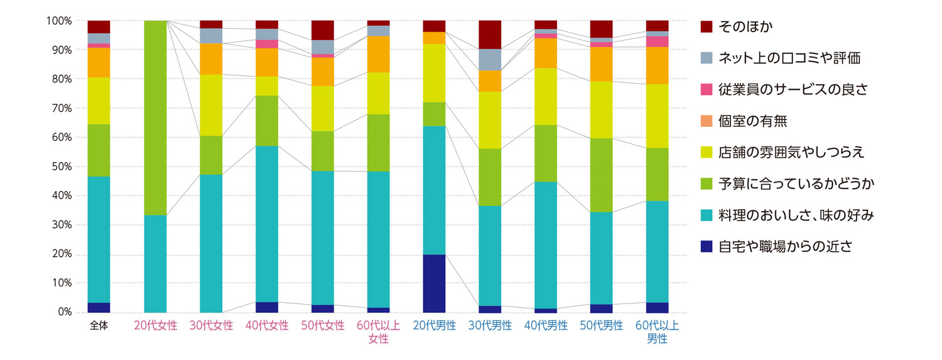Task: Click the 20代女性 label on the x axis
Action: click(x=155, y=325)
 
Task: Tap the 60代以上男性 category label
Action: click(x=657, y=332)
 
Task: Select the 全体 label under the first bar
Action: click(x=99, y=325)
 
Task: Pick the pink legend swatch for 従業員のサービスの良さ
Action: click(x=706, y=89)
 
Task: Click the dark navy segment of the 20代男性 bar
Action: click(x=434, y=283)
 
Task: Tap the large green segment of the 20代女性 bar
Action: click(x=155, y=117)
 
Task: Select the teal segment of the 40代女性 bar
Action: click(x=267, y=224)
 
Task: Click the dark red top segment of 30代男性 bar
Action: click(x=490, y=35)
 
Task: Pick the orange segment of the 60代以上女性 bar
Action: click(x=378, y=54)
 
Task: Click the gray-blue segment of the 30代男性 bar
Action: click(x=490, y=59)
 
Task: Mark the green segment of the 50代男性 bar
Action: click(x=601, y=175)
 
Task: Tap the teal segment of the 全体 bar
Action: click(x=99, y=239)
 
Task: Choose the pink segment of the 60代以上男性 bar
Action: click(x=657, y=41)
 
